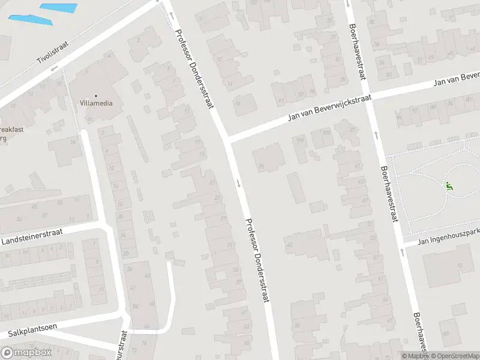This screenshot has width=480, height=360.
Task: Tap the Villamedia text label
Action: point(95,103)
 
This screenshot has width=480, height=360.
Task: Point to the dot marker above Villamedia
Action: point(95,95)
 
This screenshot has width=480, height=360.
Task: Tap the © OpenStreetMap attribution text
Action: point(454,356)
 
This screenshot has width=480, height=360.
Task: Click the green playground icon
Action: point(448,186)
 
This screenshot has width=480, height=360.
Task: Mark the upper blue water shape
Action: point(59,8)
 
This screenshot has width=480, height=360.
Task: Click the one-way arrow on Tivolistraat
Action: point(53,68)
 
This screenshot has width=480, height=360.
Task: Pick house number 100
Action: point(327,132)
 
